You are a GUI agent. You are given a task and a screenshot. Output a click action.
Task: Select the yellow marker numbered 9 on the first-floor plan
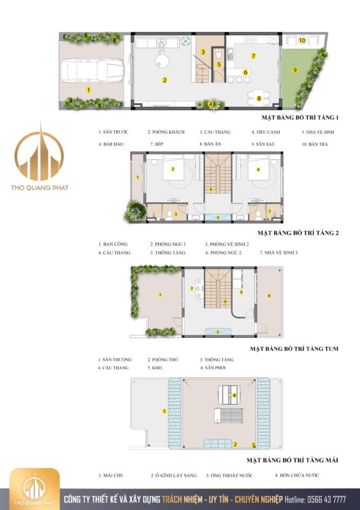[x=295, y=70]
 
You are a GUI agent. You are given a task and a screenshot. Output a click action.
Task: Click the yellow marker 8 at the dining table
[x=259, y=98]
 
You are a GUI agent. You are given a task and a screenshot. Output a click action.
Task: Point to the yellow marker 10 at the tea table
[x=302, y=40]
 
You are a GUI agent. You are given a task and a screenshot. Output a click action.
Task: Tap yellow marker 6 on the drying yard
[x=270, y=295]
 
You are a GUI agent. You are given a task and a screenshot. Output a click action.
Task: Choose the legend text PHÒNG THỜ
[x=162, y=360]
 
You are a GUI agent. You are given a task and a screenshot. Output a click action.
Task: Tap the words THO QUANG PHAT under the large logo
[x=40, y=187]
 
